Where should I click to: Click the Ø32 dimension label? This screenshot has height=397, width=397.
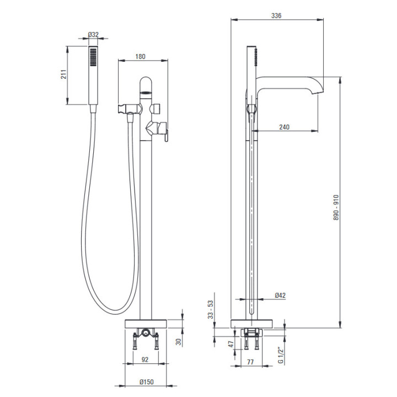(x=93, y=34)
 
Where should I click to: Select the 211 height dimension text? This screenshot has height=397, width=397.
(x=63, y=74)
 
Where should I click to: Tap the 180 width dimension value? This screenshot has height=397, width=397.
(x=140, y=56)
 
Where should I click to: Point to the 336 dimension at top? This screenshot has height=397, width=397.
(x=276, y=15)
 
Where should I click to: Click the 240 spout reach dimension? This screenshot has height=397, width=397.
(x=285, y=127)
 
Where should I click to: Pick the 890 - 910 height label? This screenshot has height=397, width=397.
(x=336, y=207)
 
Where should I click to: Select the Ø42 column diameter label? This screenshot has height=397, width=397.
(x=280, y=295)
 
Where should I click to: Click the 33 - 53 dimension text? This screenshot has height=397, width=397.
(x=211, y=309)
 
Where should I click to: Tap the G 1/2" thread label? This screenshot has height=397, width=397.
(x=281, y=355)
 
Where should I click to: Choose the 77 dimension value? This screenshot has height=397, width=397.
(x=250, y=362)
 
